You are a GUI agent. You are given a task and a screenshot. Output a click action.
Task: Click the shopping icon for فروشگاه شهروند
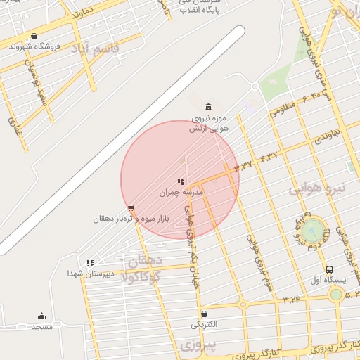(x=34, y=37)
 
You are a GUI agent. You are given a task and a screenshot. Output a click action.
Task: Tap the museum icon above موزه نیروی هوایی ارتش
(x=207, y=107)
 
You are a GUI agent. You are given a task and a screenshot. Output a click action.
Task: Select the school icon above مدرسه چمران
(x=181, y=181)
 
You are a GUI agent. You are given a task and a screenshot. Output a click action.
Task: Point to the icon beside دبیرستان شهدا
(x=90, y=263)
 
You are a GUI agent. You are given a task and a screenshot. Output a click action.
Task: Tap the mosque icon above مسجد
(x=41, y=316)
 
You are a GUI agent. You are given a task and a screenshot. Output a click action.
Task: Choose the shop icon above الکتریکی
(x=204, y=314)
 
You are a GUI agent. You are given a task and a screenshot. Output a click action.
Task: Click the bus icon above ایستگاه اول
(x=329, y=269)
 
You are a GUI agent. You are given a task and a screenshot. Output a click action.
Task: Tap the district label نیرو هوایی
(x=319, y=188)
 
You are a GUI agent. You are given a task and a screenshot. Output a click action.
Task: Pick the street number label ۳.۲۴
(x=292, y=300)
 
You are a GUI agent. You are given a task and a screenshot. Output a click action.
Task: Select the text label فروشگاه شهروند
(x=36, y=46)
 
